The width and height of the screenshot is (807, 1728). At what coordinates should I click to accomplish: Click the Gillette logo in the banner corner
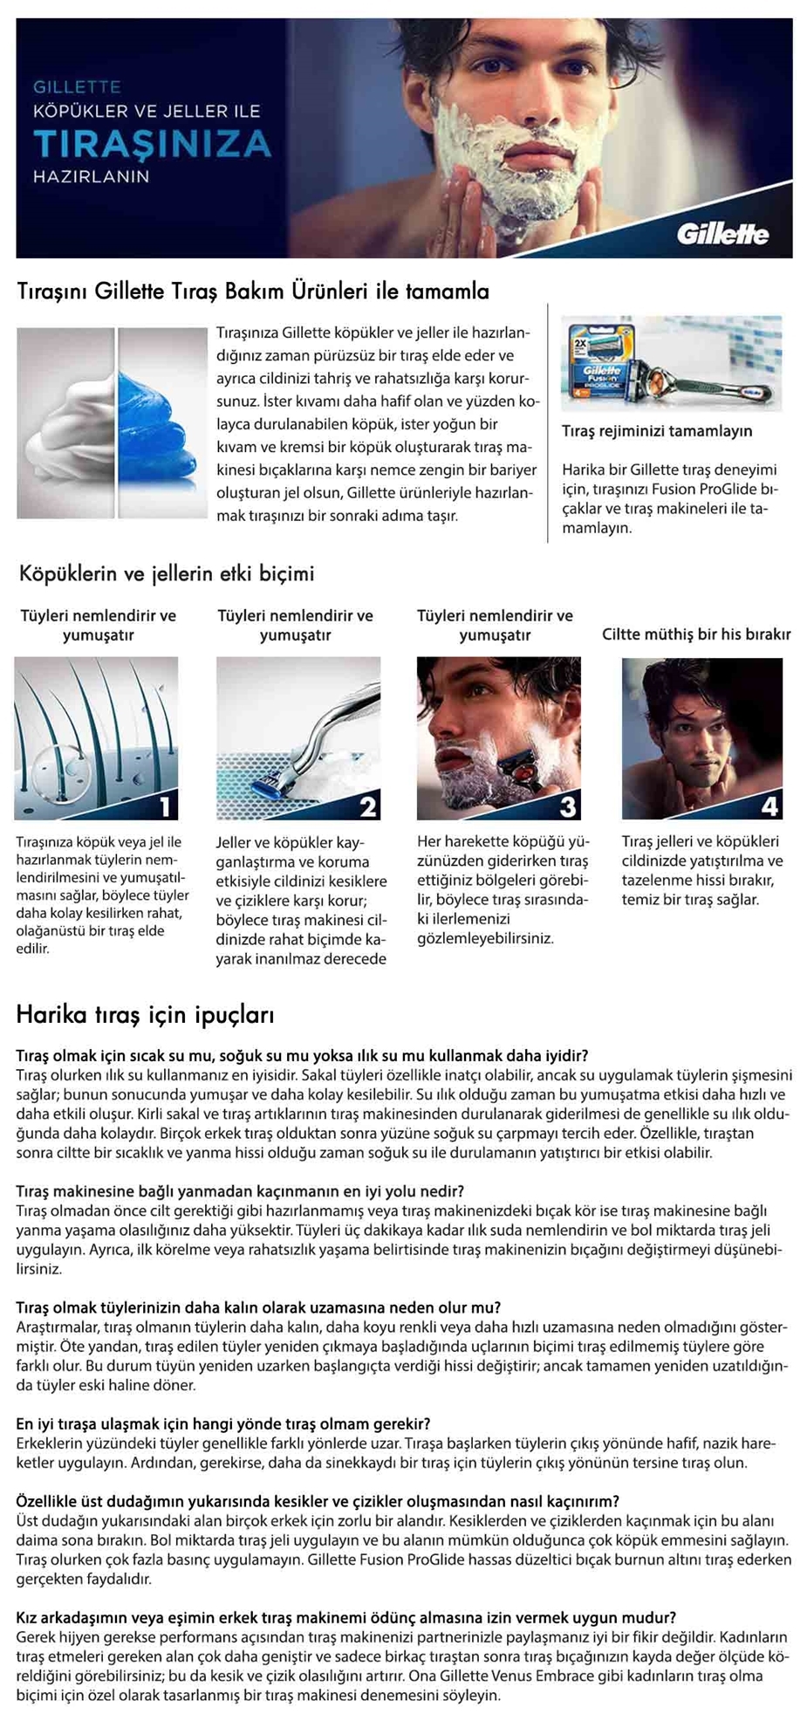pyautogui.click(x=722, y=233)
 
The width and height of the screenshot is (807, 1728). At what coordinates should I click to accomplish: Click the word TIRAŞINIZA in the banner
pyautogui.click(x=152, y=143)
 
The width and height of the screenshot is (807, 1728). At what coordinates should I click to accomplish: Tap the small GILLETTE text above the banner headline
pyautogui.click(x=77, y=87)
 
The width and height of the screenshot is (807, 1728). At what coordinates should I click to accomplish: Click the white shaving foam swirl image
pyautogui.click(x=65, y=423)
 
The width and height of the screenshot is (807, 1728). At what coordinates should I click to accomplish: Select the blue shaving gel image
pyautogui.click(x=162, y=423)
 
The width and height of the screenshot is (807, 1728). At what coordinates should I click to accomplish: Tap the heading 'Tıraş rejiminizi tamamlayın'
pyautogui.click(x=656, y=431)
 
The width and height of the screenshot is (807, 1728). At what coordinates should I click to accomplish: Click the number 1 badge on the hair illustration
pyautogui.click(x=165, y=805)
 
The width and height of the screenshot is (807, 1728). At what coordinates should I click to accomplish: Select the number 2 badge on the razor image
pyautogui.click(x=367, y=805)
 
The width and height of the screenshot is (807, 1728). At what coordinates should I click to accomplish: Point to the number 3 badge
pyautogui.click(x=567, y=805)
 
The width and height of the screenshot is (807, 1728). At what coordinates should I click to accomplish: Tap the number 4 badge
pyautogui.click(x=769, y=805)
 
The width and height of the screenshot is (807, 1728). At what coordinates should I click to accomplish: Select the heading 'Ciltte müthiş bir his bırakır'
pyautogui.click(x=696, y=634)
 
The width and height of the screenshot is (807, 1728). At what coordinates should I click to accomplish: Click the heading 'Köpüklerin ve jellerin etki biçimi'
pyautogui.click(x=167, y=574)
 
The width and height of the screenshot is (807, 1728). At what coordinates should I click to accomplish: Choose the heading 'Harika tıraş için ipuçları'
pyautogui.click(x=145, y=1015)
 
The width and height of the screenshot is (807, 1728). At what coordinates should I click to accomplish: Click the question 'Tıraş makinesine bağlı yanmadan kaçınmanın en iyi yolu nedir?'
pyautogui.click(x=240, y=1191)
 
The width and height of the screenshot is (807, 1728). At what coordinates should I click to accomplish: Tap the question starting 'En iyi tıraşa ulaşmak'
pyautogui.click(x=223, y=1423)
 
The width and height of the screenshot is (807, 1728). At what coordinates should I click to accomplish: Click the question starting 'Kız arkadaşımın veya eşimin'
pyautogui.click(x=345, y=1617)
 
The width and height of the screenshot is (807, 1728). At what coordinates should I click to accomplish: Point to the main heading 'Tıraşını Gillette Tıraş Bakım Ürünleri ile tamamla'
pyautogui.click(x=253, y=291)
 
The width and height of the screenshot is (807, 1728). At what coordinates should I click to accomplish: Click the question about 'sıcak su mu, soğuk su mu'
pyautogui.click(x=302, y=1055)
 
